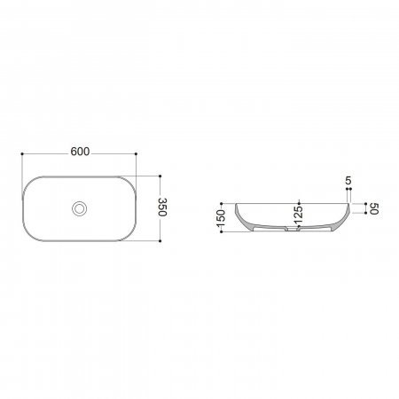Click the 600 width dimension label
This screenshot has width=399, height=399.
pyautogui.click(x=80, y=152)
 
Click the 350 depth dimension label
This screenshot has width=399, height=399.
pyautogui.click(x=163, y=207)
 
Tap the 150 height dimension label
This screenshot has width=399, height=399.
pyautogui.click(x=221, y=218)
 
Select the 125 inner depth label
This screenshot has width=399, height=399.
pyautogui.click(x=299, y=215)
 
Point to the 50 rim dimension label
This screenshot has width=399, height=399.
pyautogui.click(x=374, y=208)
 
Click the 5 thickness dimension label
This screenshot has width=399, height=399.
pyautogui.click(x=348, y=180)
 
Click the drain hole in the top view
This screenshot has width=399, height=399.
pyautogui.click(x=79, y=208)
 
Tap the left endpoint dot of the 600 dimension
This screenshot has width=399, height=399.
pyautogui.click(x=22, y=154)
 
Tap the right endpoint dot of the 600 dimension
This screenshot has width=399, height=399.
pyautogui.click(x=136, y=154)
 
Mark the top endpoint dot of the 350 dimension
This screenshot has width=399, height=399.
pyautogui.click(x=160, y=176)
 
